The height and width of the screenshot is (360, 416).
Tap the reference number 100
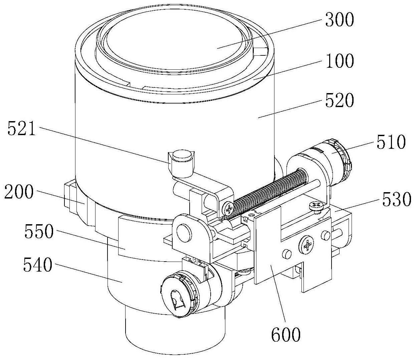tap(340, 60)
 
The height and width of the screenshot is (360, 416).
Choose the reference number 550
tap(39, 231)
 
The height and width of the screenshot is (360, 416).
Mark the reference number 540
tap(38, 265)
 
